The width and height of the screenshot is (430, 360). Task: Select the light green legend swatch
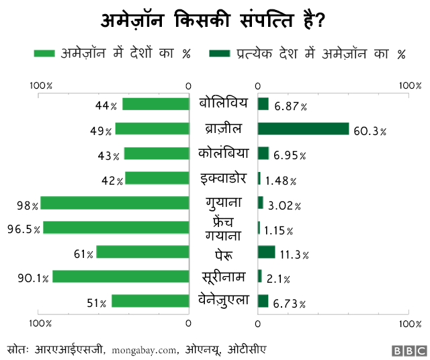(44, 53)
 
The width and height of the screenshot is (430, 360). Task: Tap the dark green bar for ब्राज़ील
(303, 129)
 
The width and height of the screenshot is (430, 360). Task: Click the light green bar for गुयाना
(115, 203)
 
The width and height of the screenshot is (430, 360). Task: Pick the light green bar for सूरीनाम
(121, 277)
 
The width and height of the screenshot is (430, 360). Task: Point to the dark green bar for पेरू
(267, 252)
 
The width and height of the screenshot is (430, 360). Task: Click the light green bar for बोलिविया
(156, 104)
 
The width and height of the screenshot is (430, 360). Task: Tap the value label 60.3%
(370, 130)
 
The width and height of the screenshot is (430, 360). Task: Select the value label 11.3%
(294, 254)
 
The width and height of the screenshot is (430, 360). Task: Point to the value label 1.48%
(280, 180)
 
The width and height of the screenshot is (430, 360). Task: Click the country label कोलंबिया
(224, 153)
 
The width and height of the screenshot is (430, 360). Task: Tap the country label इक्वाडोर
(224, 178)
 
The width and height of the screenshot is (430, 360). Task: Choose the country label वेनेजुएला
(224, 300)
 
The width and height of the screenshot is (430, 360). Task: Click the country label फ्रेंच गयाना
(224, 228)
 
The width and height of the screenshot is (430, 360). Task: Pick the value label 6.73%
(289, 304)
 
